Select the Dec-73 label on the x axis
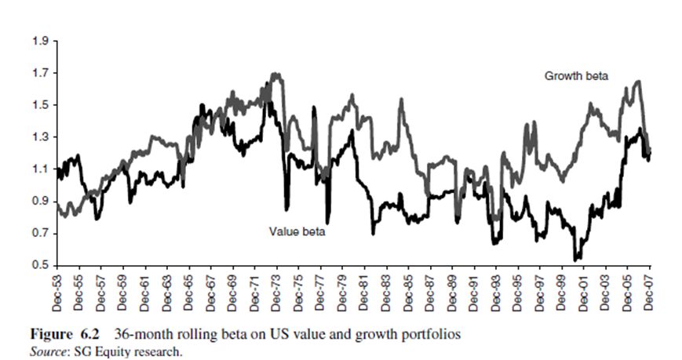click(279, 293)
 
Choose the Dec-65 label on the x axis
click(190, 293)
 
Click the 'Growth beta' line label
click(576, 76)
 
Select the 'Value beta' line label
click(297, 232)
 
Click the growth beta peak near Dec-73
click(275, 75)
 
